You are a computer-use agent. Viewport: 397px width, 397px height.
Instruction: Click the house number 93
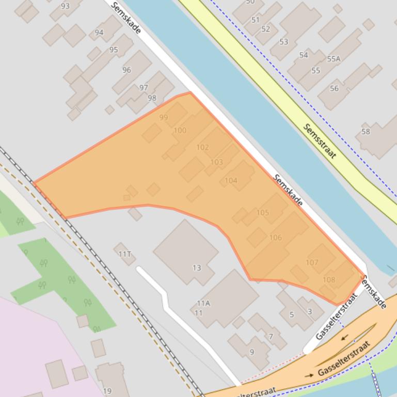point(65,6)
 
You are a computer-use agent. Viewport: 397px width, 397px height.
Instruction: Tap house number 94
point(99,32)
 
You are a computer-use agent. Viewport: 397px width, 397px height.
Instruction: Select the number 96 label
point(126,70)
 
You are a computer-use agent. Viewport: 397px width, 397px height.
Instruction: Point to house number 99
point(164,118)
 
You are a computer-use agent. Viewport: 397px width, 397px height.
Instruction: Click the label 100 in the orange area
point(180,130)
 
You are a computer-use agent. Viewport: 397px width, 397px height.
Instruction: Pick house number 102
point(202,147)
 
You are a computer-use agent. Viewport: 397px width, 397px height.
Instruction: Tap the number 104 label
point(231,180)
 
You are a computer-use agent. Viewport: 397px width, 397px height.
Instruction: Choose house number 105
point(262,212)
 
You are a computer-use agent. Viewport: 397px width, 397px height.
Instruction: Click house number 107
point(312,262)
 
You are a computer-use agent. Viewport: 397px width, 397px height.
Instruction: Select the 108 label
point(328,280)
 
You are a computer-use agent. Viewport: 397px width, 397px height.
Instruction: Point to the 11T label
point(125,254)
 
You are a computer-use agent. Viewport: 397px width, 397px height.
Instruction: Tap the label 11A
point(203,303)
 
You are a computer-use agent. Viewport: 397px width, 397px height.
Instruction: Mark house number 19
point(107,391)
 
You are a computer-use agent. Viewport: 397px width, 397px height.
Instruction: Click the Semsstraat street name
point(320,141)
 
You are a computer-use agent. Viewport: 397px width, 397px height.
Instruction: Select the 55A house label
point(334,59)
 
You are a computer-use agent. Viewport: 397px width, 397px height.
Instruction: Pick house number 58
point(366,131)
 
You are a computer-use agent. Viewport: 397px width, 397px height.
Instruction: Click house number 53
point(283,42)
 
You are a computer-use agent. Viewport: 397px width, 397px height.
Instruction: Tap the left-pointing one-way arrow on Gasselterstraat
point(344,338)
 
